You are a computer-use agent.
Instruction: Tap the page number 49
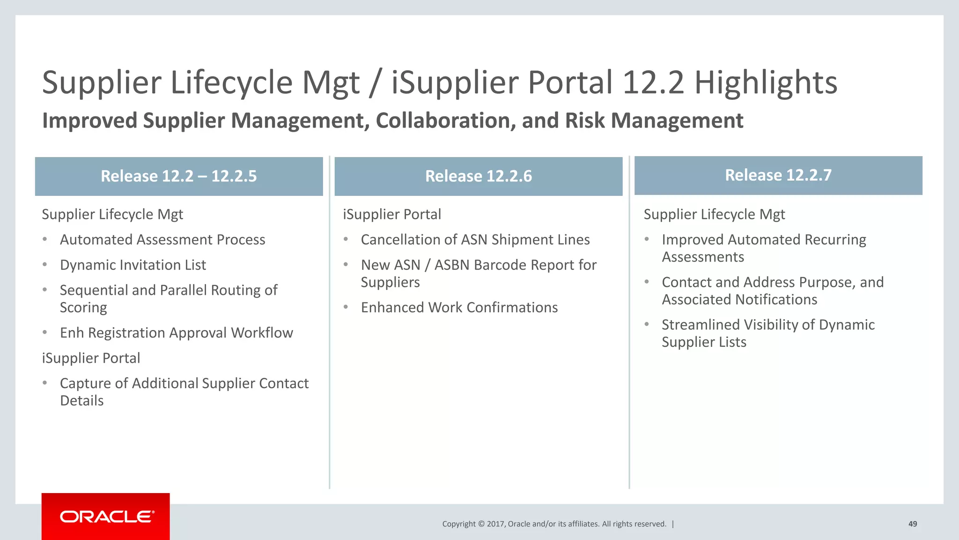click(913, 524)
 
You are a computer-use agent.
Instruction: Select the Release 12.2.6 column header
click(478, 176)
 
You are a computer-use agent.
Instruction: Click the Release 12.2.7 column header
click(778, 175)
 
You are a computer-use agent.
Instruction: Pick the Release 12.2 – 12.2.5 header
click(179, 176)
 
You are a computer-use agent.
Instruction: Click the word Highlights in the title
click(766, 82)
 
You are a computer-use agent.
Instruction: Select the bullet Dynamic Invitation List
click(133, 265)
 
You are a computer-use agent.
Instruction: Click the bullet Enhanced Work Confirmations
click(459, 307)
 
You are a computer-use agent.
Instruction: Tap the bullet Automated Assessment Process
click(162, 240)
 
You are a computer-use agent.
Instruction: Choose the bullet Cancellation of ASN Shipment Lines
click(475, 240)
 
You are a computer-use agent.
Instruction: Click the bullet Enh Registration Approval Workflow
click(176, 333)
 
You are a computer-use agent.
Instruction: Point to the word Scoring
click(83, 308)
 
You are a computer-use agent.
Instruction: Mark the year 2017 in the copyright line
click(496, 524)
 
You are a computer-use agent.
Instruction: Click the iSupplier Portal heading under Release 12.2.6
click(392, 214)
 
